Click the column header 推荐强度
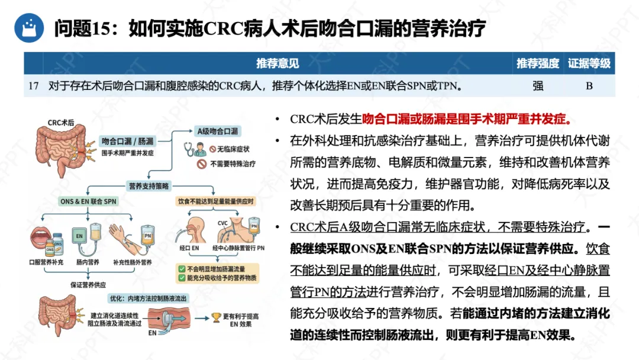point(537,63)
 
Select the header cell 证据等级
point(589,63)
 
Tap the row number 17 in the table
point(33,86)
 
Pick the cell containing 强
point(537,86)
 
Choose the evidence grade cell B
point(589,86)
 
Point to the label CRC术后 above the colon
point(61,123)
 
